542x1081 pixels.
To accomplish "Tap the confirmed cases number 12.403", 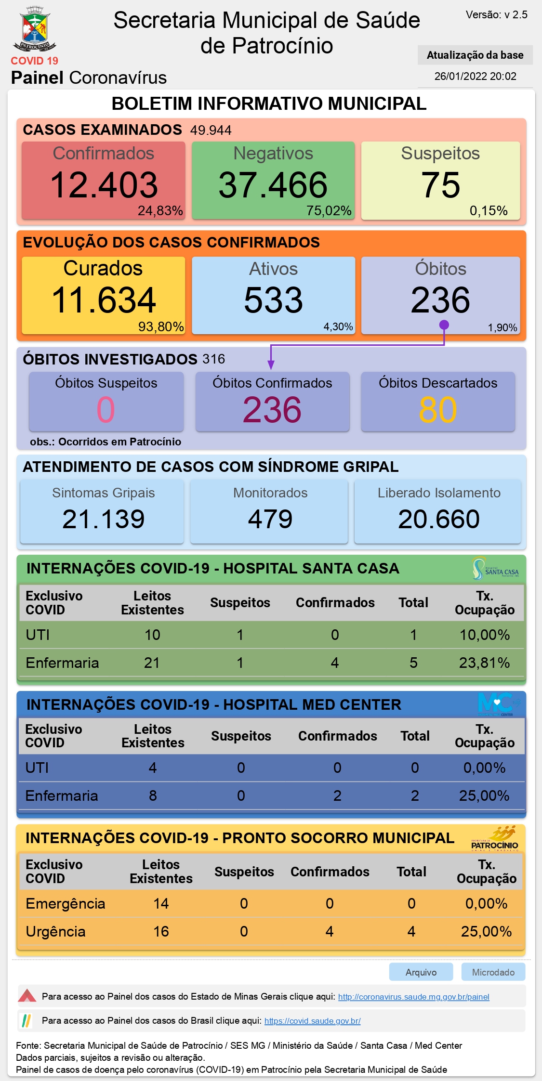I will tap(104, 185).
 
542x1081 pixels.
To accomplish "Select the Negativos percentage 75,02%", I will tap(329, 211).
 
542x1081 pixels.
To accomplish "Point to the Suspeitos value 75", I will tap(440, 185).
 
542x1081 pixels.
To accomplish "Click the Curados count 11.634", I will tap(104, 300).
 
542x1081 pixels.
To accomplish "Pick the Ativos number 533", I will tap(273, 300).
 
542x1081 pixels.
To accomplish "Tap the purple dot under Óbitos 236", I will tap(444, 325).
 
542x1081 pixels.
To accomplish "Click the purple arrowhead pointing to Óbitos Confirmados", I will tap(271, 365).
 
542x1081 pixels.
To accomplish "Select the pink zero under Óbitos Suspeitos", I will tap(106, 410).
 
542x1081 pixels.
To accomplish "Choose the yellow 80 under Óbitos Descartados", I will tap(437, 410).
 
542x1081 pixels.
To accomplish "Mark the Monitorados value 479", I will tap(270, 519).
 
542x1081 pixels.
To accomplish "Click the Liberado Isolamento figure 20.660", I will tap(438, 519).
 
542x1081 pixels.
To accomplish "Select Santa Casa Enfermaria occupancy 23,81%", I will tap(484, 663).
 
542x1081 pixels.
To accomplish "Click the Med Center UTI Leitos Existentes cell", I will tap(153, 768).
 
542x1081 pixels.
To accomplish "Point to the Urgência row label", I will tap(55, 932).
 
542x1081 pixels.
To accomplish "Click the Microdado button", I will tap(493, 972).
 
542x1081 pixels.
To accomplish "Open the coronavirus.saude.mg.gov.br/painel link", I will tap(413, 997).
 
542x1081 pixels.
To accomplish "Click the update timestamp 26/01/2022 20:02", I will tap(475, 76).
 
